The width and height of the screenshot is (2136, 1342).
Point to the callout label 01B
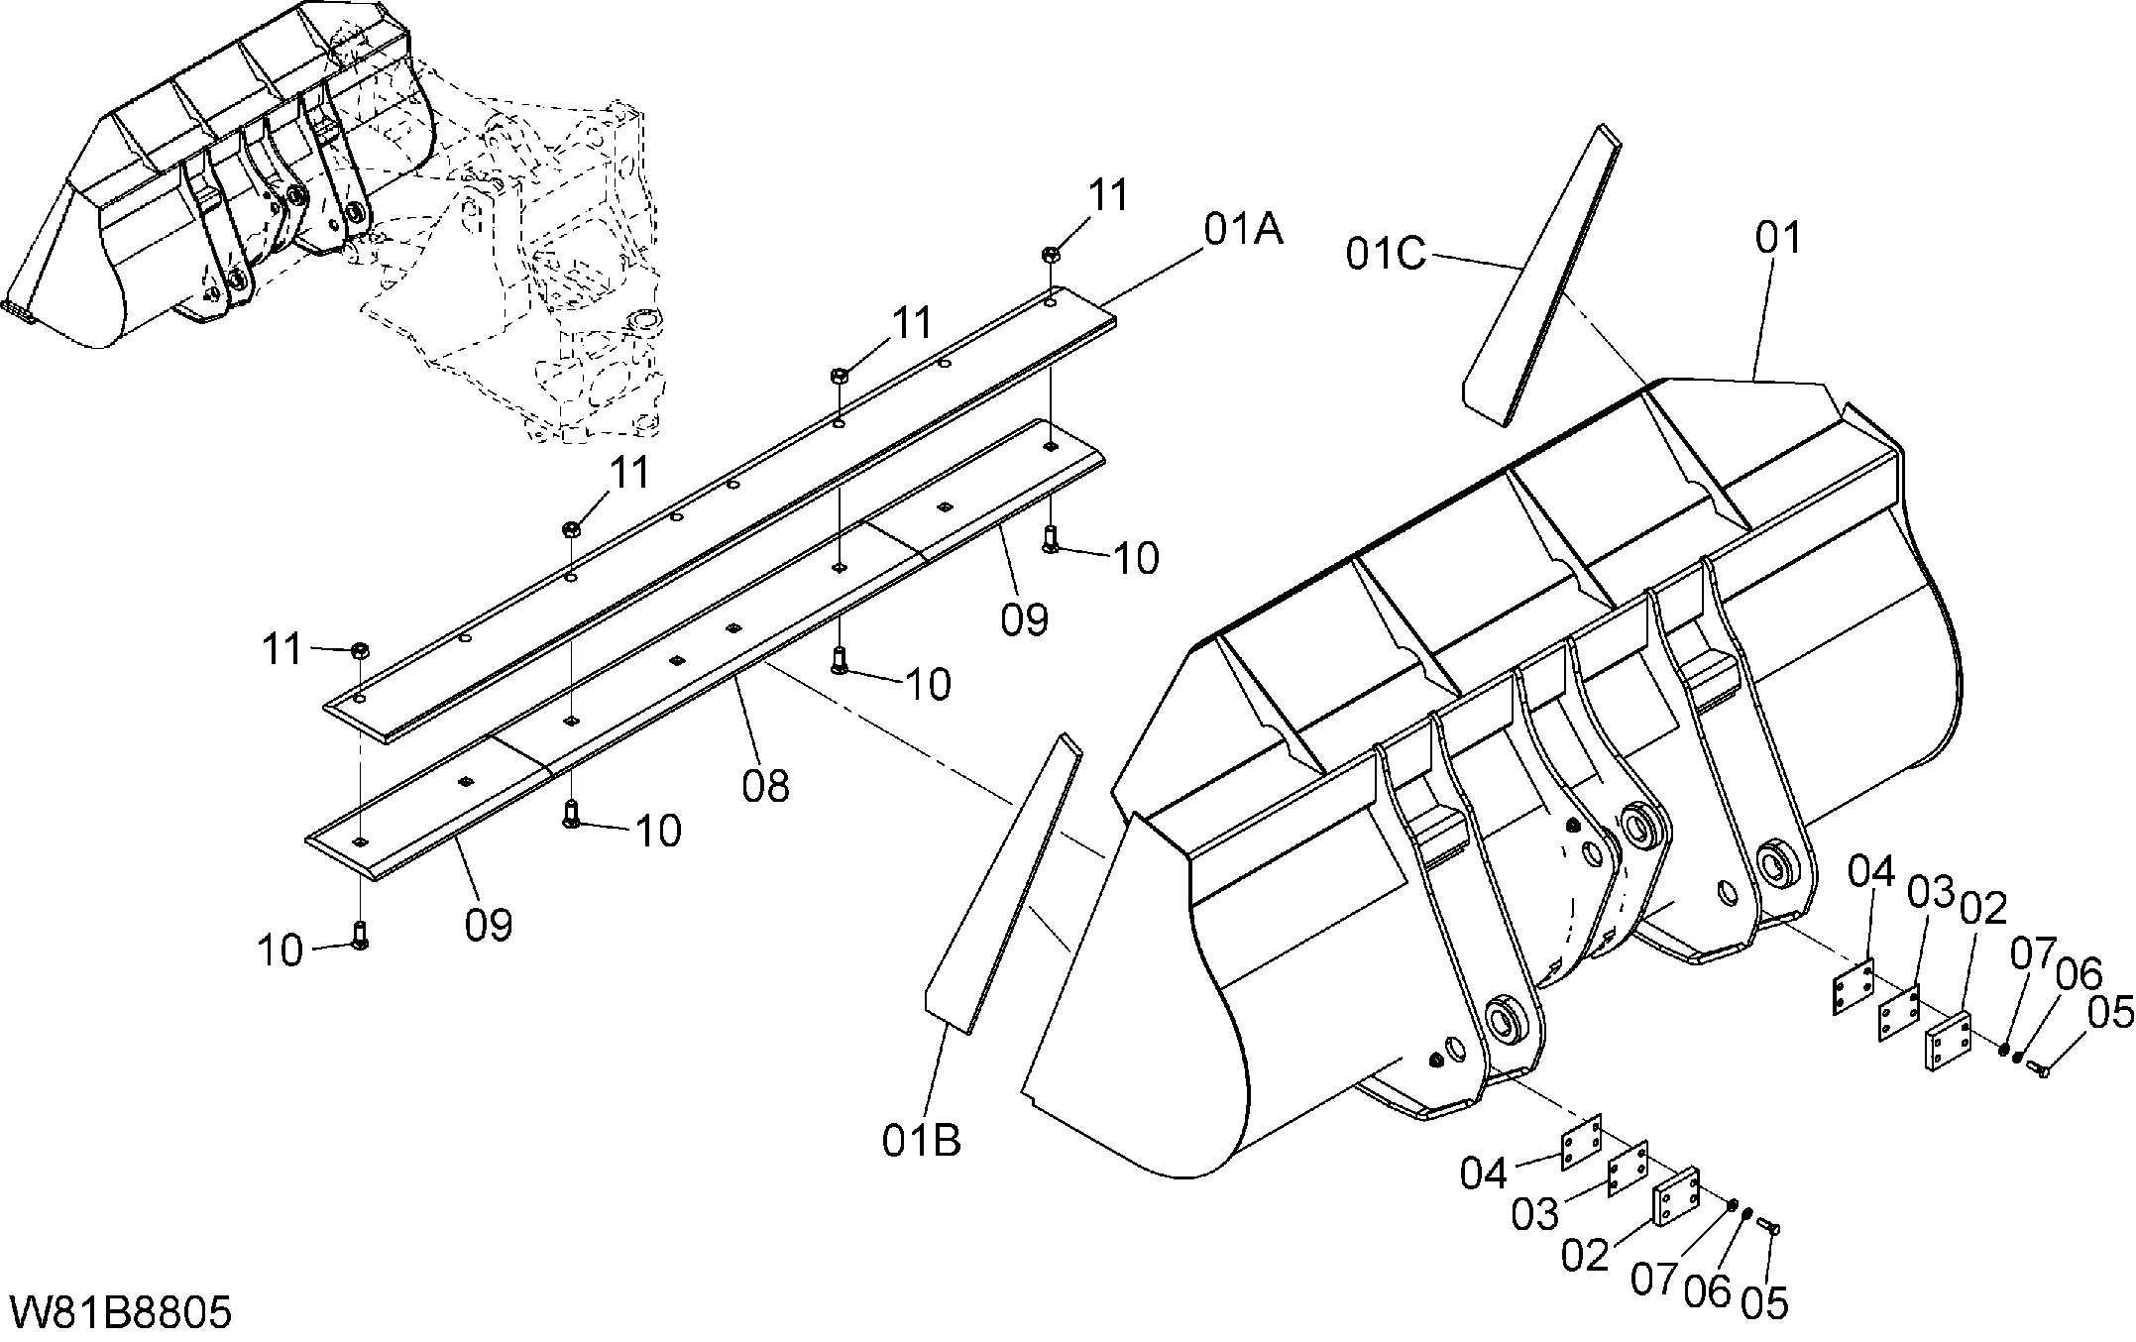922,1141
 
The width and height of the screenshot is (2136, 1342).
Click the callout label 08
765,786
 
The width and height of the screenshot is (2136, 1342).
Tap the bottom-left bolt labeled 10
361,935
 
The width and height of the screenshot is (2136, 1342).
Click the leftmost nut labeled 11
361,650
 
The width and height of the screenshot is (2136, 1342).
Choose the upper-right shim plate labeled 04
1851,986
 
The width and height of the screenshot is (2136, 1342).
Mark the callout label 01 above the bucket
1778,238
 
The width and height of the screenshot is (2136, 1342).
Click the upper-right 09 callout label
1024,619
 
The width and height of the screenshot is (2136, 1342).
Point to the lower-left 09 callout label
489,925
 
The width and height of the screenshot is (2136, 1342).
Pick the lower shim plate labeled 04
1582,1142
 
